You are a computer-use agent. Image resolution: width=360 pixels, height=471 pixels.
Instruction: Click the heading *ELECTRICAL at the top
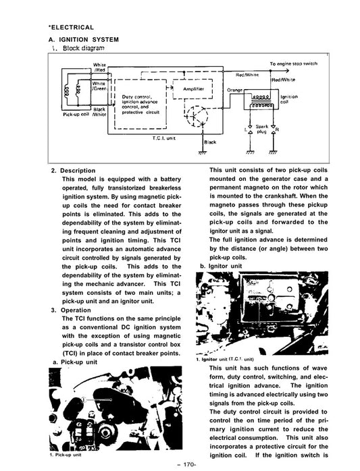(71, 28)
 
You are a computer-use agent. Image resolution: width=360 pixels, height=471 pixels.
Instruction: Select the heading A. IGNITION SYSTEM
(84, 40)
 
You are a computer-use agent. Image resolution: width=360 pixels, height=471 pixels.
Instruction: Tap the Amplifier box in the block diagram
(192, 89)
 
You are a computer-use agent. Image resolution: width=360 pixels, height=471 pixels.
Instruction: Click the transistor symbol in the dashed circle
(197, 116)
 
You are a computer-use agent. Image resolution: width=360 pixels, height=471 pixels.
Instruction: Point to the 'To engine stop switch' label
(293, 63)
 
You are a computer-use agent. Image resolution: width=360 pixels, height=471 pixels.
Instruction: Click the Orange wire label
(234, 90)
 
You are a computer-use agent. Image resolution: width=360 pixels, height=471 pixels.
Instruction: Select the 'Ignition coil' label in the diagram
(289, 99)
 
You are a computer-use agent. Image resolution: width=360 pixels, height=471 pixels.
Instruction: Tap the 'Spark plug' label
(261, 129)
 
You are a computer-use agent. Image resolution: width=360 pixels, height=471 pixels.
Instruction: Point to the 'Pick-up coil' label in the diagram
(76, 115)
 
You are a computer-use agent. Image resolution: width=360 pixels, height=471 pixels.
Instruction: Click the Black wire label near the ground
(210, 142)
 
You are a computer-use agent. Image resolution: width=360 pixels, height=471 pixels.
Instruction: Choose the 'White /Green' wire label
(99, 86)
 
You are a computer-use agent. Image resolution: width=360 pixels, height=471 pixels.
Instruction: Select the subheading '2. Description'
(73, 171)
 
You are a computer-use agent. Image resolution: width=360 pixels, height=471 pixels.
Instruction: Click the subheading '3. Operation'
(71, 310)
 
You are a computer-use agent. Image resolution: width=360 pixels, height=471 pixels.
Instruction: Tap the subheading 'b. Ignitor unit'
(221, 266)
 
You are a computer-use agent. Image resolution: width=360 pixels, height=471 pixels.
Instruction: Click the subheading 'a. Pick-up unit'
(75, 362)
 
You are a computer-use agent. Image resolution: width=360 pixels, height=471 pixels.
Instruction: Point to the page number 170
(186, 465)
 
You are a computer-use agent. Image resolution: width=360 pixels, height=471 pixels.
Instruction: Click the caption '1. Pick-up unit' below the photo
(66, 455)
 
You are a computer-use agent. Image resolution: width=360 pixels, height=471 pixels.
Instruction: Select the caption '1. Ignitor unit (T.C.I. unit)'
(225, 359)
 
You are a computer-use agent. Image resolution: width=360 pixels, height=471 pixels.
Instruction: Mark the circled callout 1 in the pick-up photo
(83, 399)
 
